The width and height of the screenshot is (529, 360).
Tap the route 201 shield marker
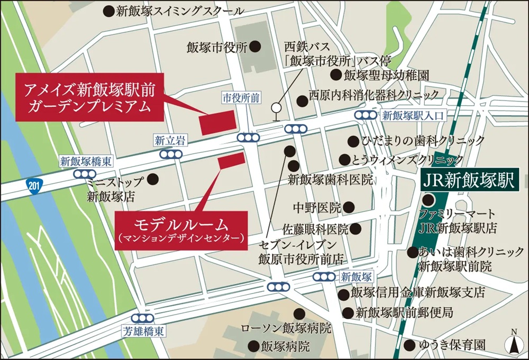pyautogui.click(x=33, y=186)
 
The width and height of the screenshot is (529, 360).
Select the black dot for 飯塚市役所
pyautogui.click(x=255, y=47)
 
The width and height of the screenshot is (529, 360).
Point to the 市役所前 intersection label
pyautogui.click(x=241, y=98)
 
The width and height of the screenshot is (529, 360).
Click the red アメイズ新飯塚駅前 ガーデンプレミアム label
pyautogui.click(x=89, y=97)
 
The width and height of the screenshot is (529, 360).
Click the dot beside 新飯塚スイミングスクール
pyautogui.click(x=108, y=10)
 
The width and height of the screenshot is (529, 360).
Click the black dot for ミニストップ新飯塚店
pyautogui.click(x=153, y=179)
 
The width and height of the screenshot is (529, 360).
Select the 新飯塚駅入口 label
pyautogui.click(x=414, y=115)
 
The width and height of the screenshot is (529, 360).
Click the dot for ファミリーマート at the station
pyautogui.click(x=428, y=200)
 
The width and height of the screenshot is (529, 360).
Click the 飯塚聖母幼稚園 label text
pyautogui.click(x=386, y=75)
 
